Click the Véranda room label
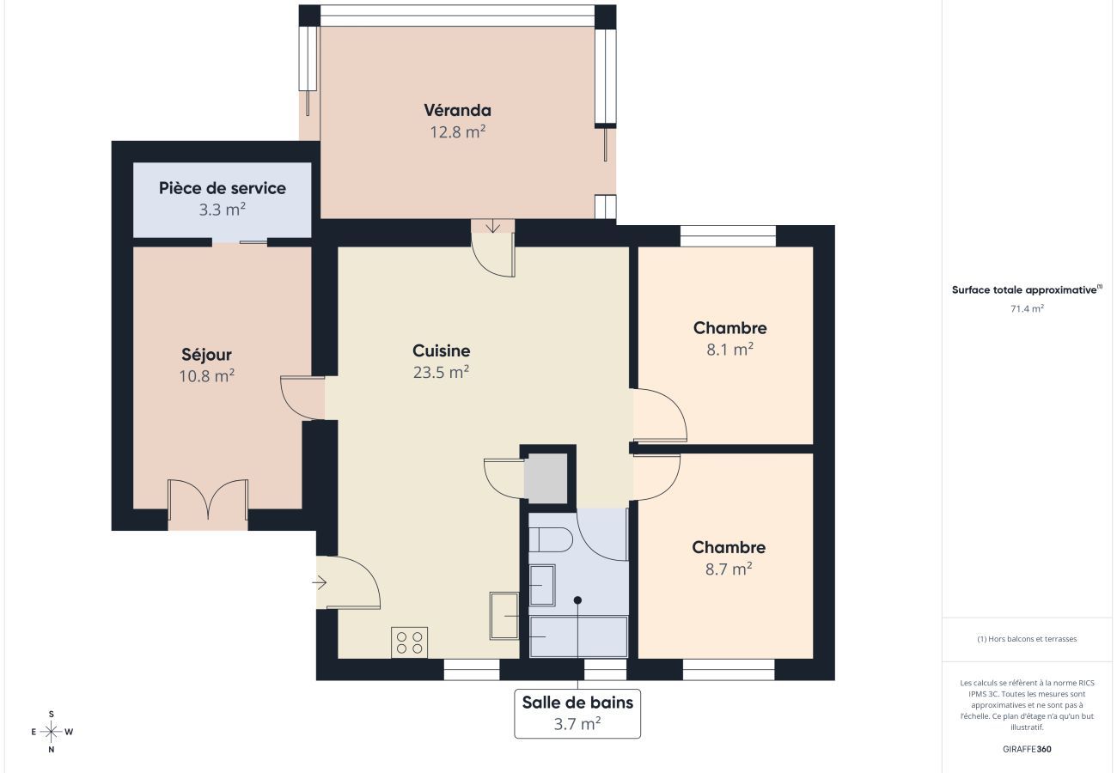[457, 110]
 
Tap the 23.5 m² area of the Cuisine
[441, 372]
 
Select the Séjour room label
[206, 355]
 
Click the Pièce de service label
[223, 188]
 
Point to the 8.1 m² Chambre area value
[729, 350]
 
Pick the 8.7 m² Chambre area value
[729, 569]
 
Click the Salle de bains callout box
[577, 713]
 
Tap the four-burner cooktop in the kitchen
[409, 642]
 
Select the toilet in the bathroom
[550, 539]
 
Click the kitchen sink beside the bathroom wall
[504, 616]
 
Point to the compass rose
[52, 732]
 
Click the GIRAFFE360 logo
[1027, 749]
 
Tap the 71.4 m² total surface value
[1027, 308]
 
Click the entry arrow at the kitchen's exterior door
[320, 582]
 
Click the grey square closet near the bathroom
[546, 478]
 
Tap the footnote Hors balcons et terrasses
[1027, 639]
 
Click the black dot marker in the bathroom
[577, 600]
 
